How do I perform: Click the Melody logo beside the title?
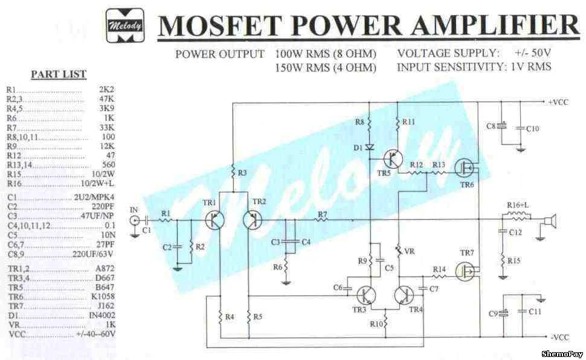click(125, 25)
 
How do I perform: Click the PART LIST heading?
click(59, 74)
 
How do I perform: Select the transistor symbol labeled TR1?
click(214, 220)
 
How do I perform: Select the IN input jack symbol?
click(134, 220)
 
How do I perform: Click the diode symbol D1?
click(370, 147)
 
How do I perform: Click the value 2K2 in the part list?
click(106, 89)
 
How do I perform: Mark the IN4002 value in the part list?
click(100, 316)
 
